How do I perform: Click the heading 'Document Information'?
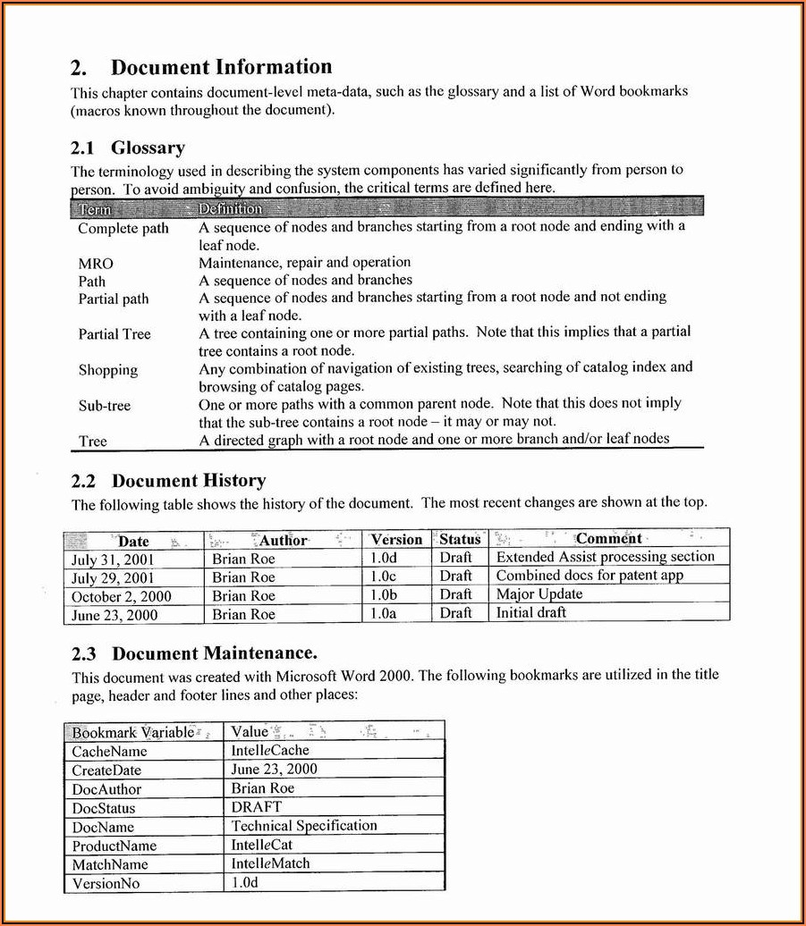(220, 67)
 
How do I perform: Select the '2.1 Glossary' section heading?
(128, 148)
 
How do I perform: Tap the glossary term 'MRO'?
(96, 264)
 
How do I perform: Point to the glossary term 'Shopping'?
(108, 370)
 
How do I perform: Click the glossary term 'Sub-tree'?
(105, 406)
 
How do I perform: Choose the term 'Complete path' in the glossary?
(123, 228)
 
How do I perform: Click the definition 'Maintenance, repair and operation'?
(304, 263)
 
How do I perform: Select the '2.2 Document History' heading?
(168, 481)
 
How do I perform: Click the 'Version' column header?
(396, 539)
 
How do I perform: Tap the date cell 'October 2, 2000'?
(121, 596)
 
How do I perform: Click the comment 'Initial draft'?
(531, 613)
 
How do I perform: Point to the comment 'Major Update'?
(539, 594)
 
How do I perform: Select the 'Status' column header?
(460, 539)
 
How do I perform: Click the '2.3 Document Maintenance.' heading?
(194, 653)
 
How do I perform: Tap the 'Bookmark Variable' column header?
(133, 732)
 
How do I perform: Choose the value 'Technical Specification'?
(304, 826)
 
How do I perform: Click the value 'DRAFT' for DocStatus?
(256, 807)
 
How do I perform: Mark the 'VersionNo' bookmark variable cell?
(106, 883)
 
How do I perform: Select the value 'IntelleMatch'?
(271, 863)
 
